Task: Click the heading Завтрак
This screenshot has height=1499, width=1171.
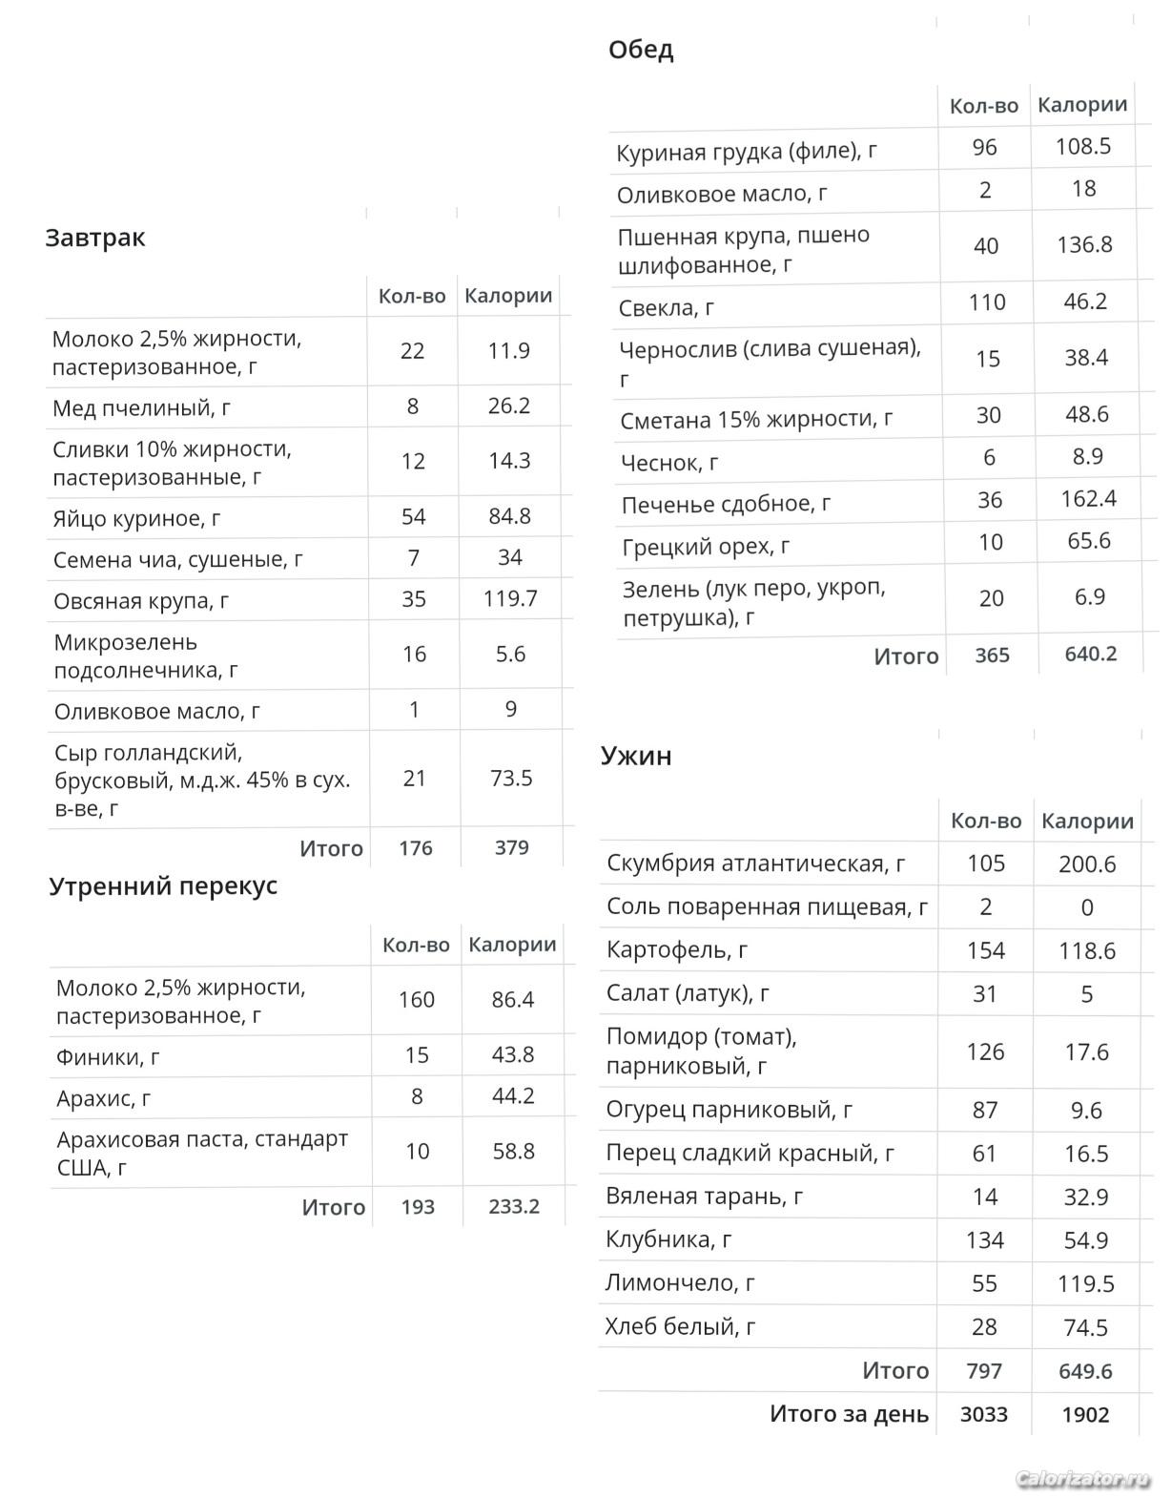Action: point(95,238)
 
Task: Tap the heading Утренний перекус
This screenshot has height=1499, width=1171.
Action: point(163,885)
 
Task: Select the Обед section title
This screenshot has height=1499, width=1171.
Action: point(641,50)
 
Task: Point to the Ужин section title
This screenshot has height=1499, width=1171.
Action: point(636,756)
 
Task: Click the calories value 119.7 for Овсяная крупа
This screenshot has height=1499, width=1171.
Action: point(510,598)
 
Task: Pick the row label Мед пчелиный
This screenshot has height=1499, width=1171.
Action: point(141,408)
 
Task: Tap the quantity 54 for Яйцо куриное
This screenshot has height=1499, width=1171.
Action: point(414,516)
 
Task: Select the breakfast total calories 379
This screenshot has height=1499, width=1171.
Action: point(512,847)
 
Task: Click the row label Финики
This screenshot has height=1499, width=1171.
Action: point(108,1057)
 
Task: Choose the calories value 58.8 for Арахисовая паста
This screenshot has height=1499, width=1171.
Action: point(513,1152)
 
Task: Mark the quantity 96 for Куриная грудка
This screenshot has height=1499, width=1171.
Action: point(984,147)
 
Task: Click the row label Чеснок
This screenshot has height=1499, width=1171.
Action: point(669,463)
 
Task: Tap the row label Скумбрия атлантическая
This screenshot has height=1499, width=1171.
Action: point(756,864)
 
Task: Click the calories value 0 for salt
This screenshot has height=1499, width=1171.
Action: point(1087,907)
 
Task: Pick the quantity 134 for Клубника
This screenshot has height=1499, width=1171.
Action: point(985,1239)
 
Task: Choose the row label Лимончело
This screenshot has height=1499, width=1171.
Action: point(680,1283)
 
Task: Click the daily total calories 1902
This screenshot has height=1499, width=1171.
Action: point(1085,1414)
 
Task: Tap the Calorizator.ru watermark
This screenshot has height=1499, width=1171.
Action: point(1082,1479)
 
